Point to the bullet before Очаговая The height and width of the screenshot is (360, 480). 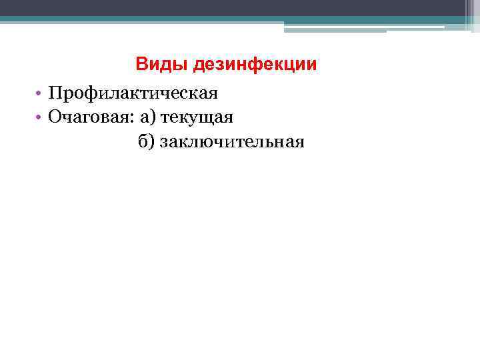tap(40, 118)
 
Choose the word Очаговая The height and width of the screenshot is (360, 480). tap(90, 117)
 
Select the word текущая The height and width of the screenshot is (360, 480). tap(196, 118)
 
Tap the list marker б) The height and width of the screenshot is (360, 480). tap(147, 141)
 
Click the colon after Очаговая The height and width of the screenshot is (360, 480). tap(135, 119)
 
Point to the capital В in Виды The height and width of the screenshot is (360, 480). tap(141, 65)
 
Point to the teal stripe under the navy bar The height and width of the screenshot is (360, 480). tap(133, 20)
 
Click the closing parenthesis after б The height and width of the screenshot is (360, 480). tap(152, 141)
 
